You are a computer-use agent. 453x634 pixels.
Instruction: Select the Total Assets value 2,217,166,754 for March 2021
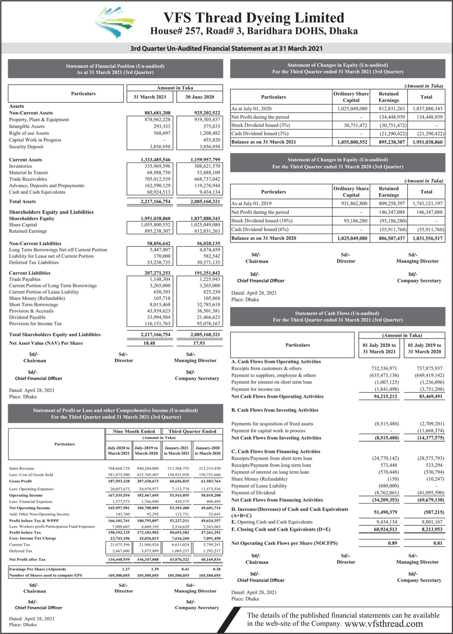[155, 201]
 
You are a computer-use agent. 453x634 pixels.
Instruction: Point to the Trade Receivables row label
[28, 179]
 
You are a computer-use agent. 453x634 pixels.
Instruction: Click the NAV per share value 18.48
[149, 343]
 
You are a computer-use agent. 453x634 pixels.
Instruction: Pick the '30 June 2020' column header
[199, 97]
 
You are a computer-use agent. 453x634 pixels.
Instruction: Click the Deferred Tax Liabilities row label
[34, 262]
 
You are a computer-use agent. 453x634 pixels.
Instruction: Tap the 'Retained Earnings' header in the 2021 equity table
[389, 97]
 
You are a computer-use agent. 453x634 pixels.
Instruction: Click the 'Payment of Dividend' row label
[253, 493]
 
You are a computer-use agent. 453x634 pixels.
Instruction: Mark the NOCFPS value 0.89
[392, 543]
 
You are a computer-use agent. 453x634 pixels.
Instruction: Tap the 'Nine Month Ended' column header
[134, 431]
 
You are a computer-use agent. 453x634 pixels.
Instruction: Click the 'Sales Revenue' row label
[22, 468]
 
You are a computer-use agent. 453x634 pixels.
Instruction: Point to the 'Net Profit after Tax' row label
[27, 559]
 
